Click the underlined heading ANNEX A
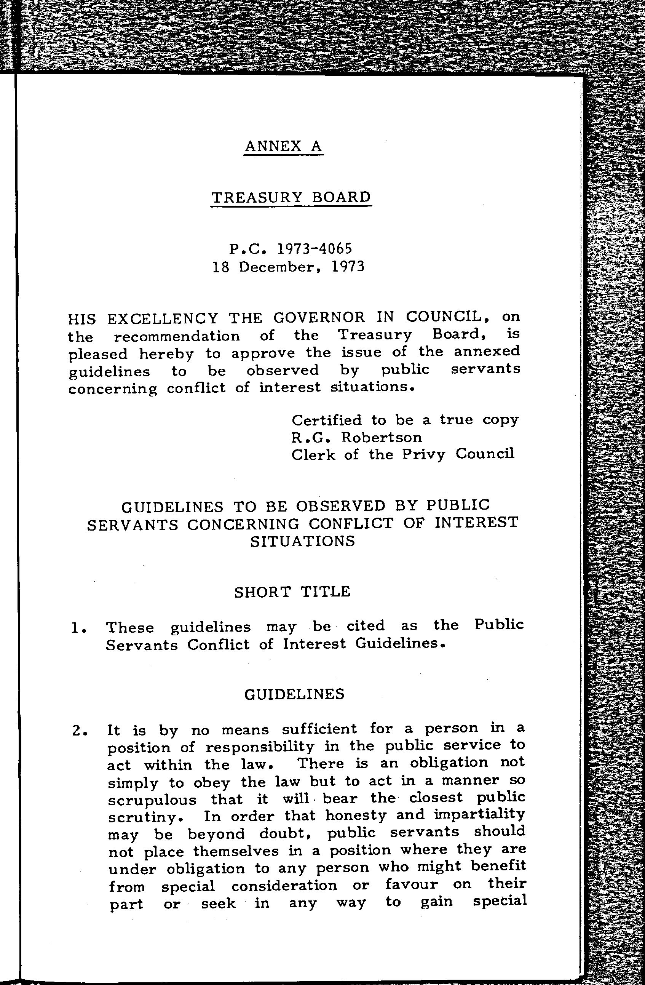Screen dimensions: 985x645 pos(283,146)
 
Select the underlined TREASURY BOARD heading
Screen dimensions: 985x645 pos(291,197)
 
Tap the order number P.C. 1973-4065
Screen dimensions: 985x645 pos(291,248)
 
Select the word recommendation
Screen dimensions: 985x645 pos(177,336)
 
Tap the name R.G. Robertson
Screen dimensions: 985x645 pos(357,437)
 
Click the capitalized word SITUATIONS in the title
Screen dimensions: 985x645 pos(303,541)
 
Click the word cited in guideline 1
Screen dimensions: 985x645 pos(365,625)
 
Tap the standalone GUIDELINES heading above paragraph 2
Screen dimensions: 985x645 pos(294,694)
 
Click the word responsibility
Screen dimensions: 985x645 pos(260,747)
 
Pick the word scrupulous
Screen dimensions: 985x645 pos(152,800)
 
